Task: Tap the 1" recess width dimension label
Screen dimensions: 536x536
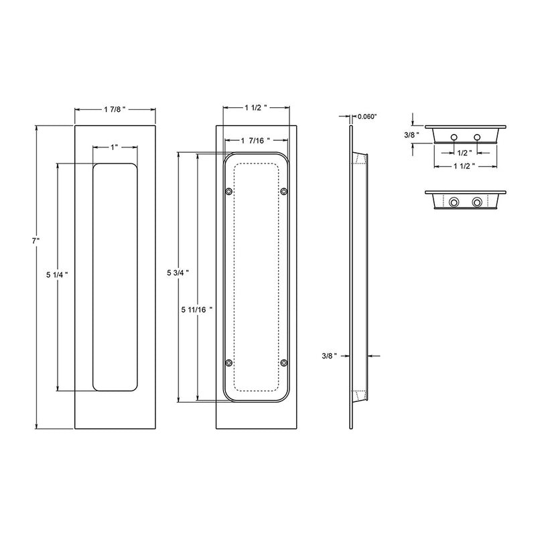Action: pyautogui.click(x=116, y=147)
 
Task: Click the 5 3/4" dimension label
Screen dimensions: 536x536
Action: pyautogui.click(x=178, y=273)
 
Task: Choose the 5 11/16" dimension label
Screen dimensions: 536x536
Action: pyautogui.click(x=196, y=310)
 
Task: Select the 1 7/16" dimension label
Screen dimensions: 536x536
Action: pyautogui.click(x=256, y=141)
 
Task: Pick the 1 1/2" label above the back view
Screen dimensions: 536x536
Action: pyautogui.click(x=256, y=107)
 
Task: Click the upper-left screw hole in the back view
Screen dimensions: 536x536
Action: pyautogui.click(x=228, y=192)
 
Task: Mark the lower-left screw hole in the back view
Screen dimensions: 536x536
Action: pyautogui.click(x=228, y=362)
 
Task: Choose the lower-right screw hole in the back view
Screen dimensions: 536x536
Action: pyautogui.click(x=284, y=362)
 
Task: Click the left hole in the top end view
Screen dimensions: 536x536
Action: pyautogui.click(x=454, y=137)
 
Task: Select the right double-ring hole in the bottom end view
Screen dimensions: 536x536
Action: pyautogui.click(x=477, y=202)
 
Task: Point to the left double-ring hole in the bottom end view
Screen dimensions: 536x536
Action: pyautogui.click(x=454, y=202)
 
